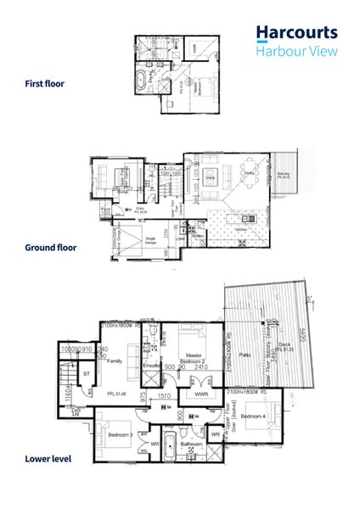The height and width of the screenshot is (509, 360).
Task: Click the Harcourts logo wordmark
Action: click(297, 33)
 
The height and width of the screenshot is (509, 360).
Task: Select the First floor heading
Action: click(44, 85)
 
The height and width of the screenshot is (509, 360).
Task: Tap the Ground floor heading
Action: click(50, 248)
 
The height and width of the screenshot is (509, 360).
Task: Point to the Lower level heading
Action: click(48, 459)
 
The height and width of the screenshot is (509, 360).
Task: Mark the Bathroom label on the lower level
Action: click(190, 443)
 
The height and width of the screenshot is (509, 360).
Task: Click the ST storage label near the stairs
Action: click(85, 372)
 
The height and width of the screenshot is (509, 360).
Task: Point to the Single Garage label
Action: click(153, 240)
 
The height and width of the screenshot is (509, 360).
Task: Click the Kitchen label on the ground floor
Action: click(241, 229)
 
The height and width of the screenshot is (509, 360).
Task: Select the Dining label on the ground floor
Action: click(250, 173)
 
